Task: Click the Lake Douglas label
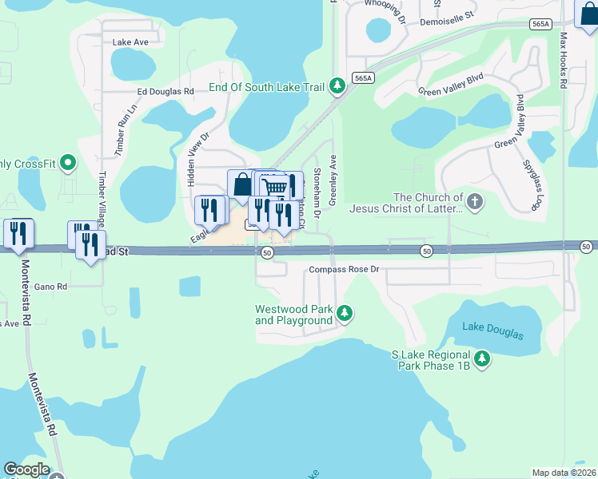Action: (x=492, y=331)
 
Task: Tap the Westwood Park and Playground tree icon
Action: (x=345, y=312)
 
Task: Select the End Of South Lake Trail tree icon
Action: (x=338, y=85)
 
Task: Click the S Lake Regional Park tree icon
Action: (x=482, y=359)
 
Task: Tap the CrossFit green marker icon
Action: (x=69, y=164)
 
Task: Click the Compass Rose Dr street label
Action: (x=343, y=270)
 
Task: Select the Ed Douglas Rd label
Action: (x=165, y=92)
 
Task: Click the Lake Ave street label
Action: (x=131, y=42)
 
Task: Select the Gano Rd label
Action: (x=50, y=286)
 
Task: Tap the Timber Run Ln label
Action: (x=121, y=136)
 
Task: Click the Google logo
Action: (x=26, y=469)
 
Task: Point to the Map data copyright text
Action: (x=564, y=473)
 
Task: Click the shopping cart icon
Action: (x=274, y=186)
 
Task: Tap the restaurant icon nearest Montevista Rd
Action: (x=18, y=233)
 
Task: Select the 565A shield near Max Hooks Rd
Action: (x=540, y=25)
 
